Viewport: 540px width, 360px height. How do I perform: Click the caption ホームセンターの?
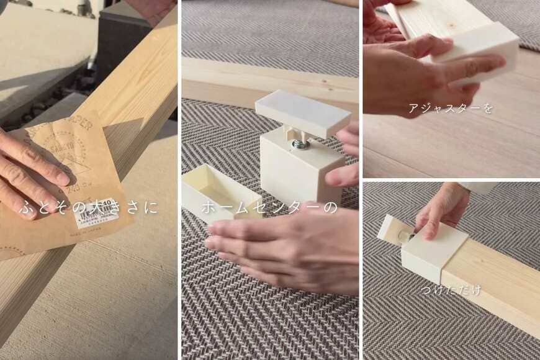(x=269, y=207)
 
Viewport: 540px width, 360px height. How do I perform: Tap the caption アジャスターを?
(x=451, y=109)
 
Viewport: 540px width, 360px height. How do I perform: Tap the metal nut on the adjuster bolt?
(x=300, y=145)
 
